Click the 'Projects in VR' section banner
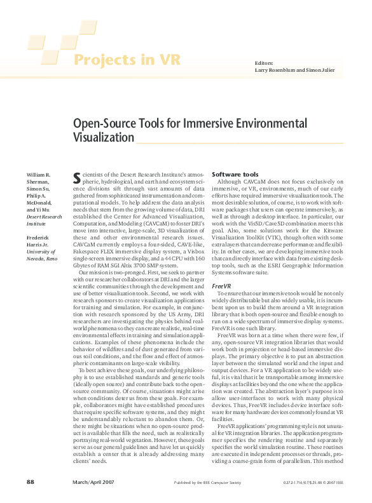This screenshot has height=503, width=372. click(x=127, y=60)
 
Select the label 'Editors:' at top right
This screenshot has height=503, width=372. click(x=264, y=64)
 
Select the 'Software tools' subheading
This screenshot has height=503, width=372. click(x=235, y=173)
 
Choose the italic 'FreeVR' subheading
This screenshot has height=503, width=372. click(x=221, y=286)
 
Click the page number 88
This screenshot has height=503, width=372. click(x=31, y=483)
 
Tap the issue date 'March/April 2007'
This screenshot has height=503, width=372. click(x=94, y=483)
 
